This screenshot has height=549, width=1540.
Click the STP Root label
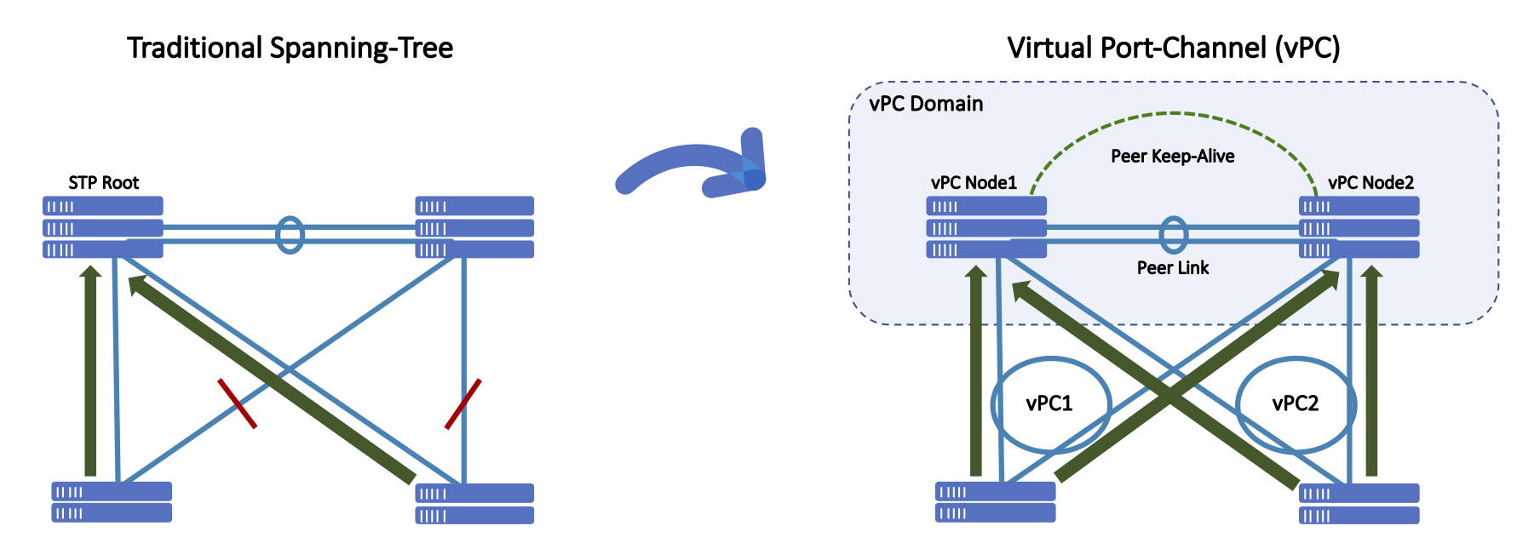pos(103,182)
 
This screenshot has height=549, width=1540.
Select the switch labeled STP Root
pos(103,227)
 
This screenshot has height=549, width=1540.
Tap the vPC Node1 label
pos(974,182)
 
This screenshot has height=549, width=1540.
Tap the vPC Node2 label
pos(1370,182)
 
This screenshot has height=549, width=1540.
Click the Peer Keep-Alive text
pos(1172,156)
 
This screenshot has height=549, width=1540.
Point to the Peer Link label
pos(1172,267)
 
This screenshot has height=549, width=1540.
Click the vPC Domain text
pos(926,104)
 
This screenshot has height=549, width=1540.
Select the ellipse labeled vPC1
pos(1050,403)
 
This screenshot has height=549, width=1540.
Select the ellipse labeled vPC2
pos(1295,403)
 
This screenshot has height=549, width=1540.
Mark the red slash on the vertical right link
pos(463,404)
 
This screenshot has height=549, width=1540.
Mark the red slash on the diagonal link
pos(237,403)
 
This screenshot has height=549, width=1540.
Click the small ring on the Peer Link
pos(1173,235)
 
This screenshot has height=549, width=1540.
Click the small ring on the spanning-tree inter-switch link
pos(290,235)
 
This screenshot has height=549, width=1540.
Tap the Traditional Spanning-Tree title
pos(290,48)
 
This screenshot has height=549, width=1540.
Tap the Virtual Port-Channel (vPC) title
pos(1173,48)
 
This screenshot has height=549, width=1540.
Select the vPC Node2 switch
pos(1359,227)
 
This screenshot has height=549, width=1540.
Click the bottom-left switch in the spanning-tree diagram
pos(112,502)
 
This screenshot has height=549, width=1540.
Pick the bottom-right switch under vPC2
pos(1359,503)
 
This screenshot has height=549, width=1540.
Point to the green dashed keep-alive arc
pos(1172,114)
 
